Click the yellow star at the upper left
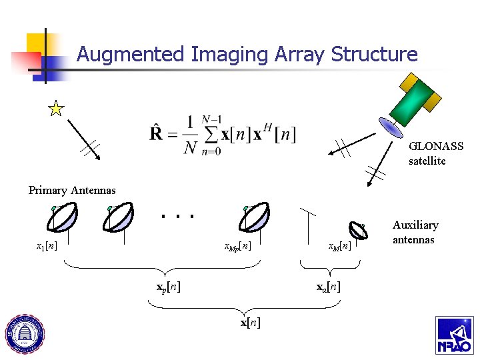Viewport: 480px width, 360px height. tap(57, 109)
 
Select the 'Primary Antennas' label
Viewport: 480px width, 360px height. tap(72, 191)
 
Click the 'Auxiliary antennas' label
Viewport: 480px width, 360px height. tap(415, 232)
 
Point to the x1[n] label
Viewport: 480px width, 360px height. tap(47, 246)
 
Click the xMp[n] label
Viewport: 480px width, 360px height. tap(238, 247)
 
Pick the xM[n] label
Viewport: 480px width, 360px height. tap(340, 247)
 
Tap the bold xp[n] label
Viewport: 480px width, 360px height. tap(169, 287)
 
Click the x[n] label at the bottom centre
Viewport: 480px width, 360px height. tap(250, 323)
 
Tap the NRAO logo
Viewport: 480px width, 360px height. tap(455, 335)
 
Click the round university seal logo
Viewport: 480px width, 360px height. tap(25, 333)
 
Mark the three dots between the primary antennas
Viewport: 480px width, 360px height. tap(177, 216)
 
